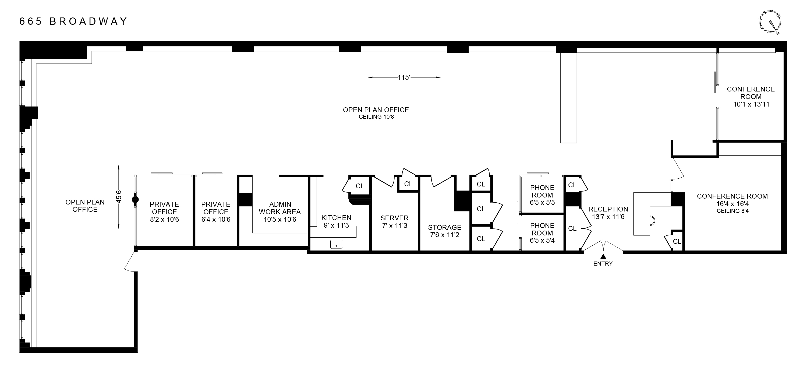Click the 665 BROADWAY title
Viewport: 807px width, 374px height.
pos(73,21)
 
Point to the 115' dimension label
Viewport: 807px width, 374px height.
pos(404,77)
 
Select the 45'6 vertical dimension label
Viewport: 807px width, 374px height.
pos(119,197)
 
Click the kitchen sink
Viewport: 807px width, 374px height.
pos(336,244)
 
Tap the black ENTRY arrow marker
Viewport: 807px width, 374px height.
pos(603,256)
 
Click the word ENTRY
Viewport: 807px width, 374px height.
pos(603,264)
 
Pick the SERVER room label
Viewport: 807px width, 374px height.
pos(394,218)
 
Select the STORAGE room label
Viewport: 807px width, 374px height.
pos(445,227)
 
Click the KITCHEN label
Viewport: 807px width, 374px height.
pos(336,218)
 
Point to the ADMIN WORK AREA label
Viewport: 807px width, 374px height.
pos(280,208)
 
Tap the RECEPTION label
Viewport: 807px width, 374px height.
pos(608,209)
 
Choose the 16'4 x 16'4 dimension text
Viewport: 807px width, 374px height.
pos(732,204)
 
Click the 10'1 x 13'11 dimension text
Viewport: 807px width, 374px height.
pos(751,104)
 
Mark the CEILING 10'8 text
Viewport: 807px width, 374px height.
pos(376,117)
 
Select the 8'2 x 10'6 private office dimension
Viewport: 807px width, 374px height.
pos(164,219)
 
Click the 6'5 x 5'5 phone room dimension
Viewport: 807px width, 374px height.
pos(542,203)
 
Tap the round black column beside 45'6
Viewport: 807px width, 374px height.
pos(135,200)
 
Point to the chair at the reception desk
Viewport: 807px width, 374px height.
pos(652,221)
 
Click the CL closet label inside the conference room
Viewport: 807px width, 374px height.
pos(677,242)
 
